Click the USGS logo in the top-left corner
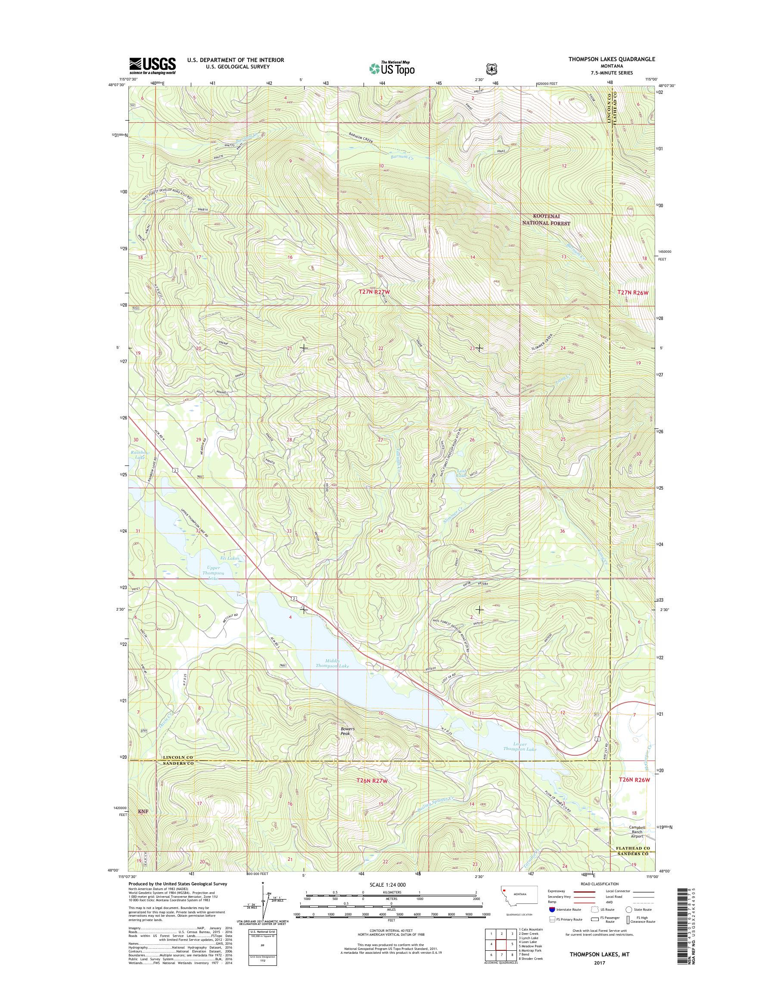click(x=152, y=65)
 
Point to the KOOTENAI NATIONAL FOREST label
click(x=545, y=220)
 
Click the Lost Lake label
click(x=461, y=473)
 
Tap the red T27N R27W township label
click(x=376, y=292)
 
